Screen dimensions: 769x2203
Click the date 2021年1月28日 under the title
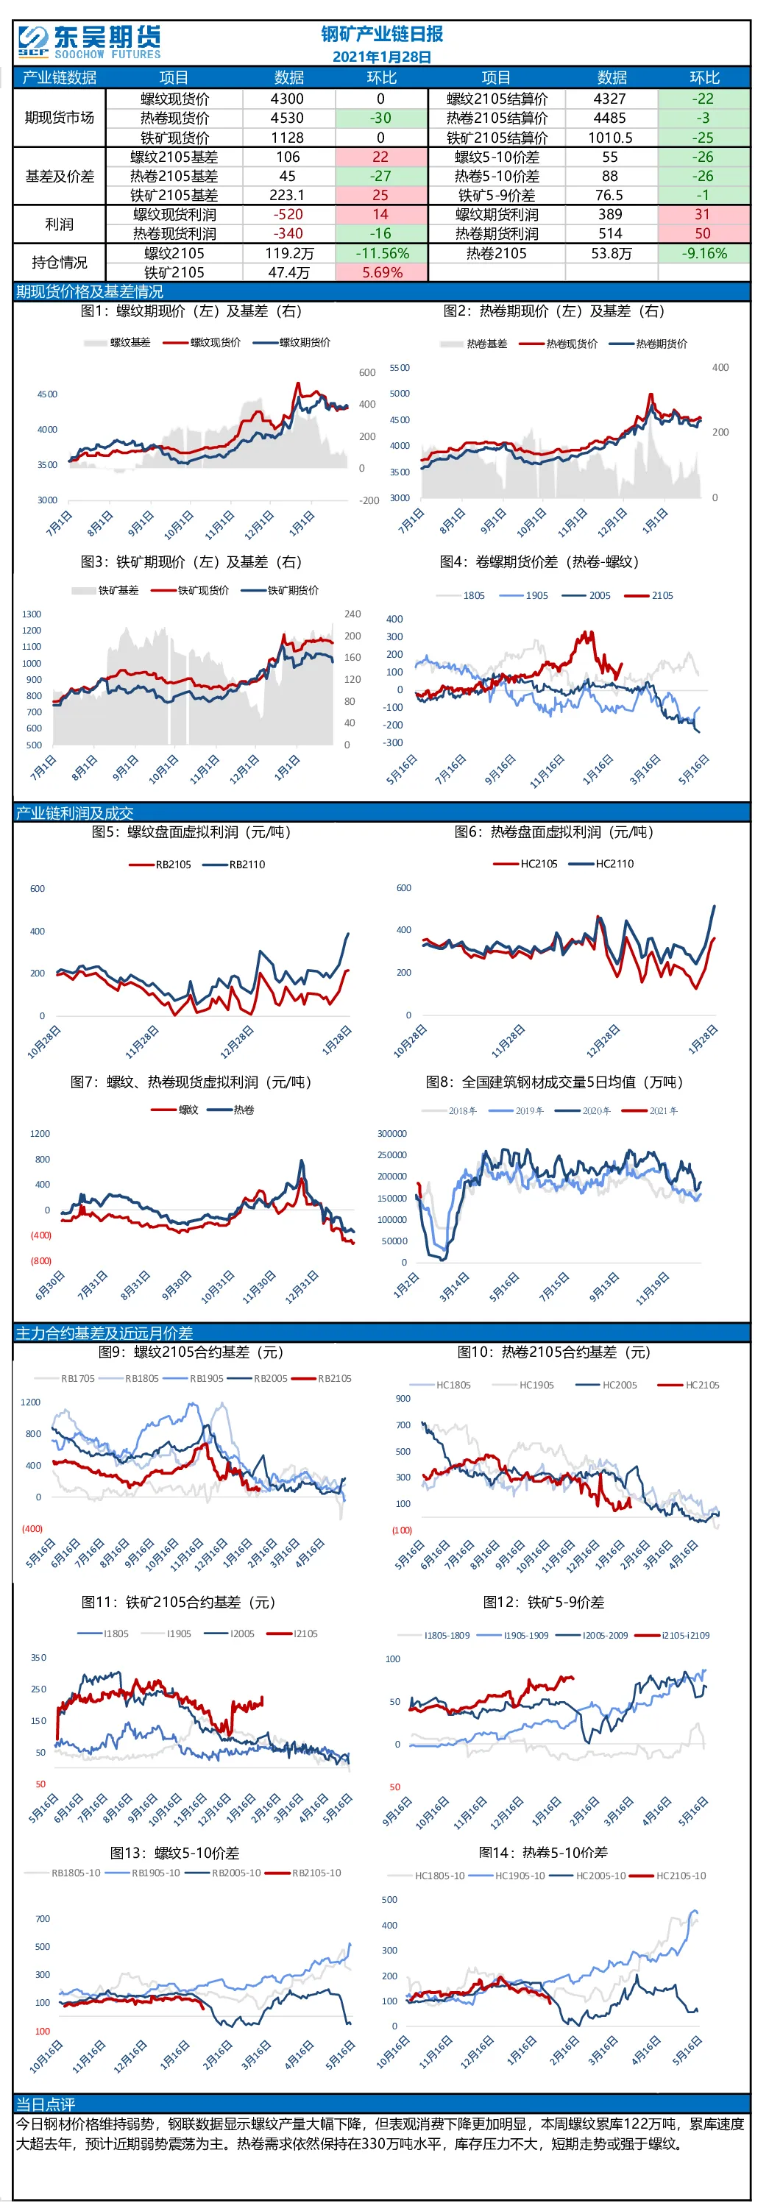(381, 57)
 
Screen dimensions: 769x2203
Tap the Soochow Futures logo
(89, 42)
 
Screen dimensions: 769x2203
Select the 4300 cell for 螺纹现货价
(288, 99)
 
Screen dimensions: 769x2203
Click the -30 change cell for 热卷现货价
(380, 118)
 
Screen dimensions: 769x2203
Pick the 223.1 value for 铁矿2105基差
(288, 195)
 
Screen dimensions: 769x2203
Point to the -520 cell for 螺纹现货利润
(288, 214)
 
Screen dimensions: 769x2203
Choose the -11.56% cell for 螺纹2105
(381, 253)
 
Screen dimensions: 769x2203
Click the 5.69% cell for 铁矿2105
(381, 272)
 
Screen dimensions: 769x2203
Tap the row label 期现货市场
(59, 117)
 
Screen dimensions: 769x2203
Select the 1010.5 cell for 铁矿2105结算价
(610, 137)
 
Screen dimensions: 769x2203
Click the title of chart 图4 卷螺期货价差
(539, 562)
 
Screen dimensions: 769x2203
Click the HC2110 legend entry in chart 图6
(602, 864)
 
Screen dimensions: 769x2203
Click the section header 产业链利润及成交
(74, 812)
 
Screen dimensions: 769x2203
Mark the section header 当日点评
(46, 2103)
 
